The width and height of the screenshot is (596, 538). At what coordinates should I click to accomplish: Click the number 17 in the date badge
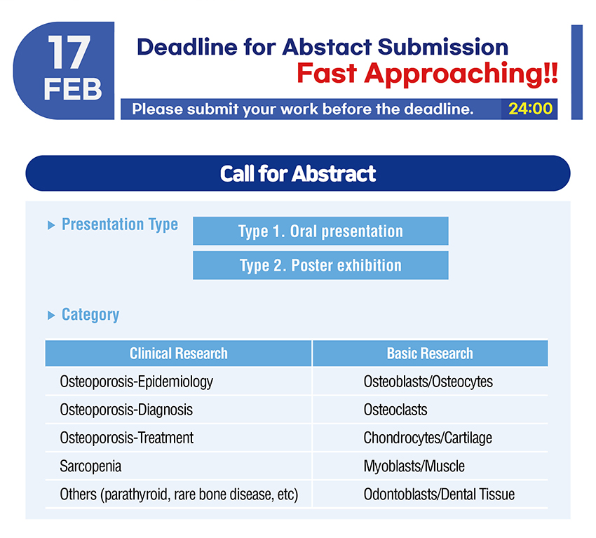tap(69, 53)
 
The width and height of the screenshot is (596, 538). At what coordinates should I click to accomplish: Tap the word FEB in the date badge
tap(73, 89)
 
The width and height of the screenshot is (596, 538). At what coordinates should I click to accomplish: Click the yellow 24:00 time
tap(530, 109)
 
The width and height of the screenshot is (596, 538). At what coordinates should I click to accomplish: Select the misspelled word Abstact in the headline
tap(327, 47)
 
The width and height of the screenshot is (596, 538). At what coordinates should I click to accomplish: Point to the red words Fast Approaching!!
tap(427, 73)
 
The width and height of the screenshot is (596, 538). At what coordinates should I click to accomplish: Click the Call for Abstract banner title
tap(298, 174)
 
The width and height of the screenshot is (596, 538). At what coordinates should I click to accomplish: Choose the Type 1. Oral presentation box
tap(320, 231)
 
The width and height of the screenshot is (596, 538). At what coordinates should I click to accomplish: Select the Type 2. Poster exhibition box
tap(320, 265)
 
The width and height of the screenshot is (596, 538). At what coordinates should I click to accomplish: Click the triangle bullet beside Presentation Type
tap(51, 225)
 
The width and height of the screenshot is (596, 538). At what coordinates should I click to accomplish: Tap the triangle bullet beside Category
tap(51, 315)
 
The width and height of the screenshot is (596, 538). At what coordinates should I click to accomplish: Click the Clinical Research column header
tap(178, 354)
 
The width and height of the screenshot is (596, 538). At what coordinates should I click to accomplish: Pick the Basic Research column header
tap(430, 354)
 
